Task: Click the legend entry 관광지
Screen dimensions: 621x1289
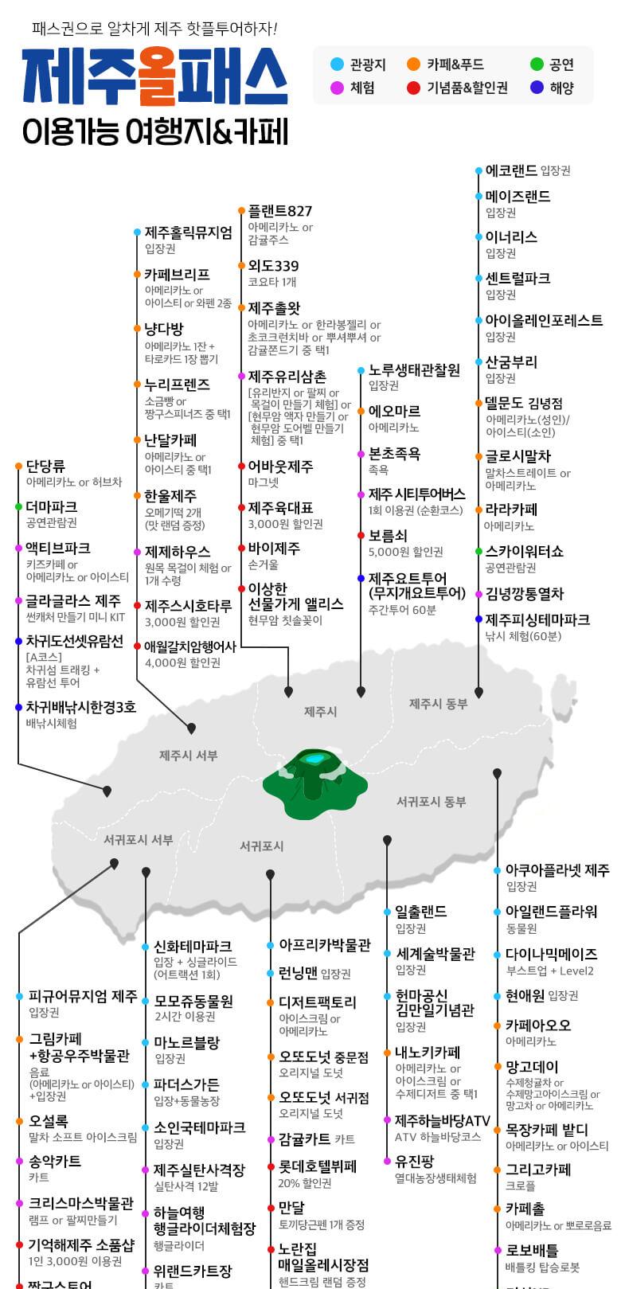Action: point(367,64)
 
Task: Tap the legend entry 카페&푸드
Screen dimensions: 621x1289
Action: point(455,64)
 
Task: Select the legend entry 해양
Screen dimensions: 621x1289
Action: point(561,88)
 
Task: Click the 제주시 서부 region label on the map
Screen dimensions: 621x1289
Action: point(188,755)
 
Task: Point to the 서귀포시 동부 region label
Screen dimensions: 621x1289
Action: point(431,801)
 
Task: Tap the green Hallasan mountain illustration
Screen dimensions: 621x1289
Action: point(315,780)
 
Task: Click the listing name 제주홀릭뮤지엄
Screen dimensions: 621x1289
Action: point(189,232)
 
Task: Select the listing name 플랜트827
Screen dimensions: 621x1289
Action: point(280,211)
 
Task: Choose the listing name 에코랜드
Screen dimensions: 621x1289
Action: point(511,170)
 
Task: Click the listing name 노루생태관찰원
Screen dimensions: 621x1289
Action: point(414,369)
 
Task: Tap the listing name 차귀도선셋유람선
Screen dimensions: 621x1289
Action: point(75,642)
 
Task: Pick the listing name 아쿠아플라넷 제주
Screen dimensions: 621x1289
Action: point(557,870)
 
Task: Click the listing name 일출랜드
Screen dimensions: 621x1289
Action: point(421,912)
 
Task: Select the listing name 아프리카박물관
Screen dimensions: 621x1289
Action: point(324,945)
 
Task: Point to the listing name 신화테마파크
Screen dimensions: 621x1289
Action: point(193,946)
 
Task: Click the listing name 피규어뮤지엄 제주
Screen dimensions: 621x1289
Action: point(83,996)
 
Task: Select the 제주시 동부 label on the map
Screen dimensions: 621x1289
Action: point(438,704)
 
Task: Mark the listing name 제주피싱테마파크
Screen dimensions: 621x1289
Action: point(537,619)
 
